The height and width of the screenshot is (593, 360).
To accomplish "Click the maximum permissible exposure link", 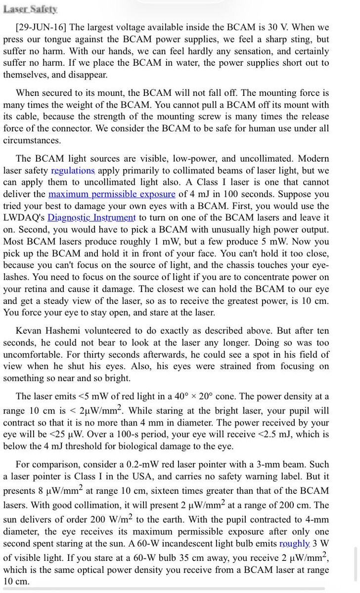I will (x=112, y=194).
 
